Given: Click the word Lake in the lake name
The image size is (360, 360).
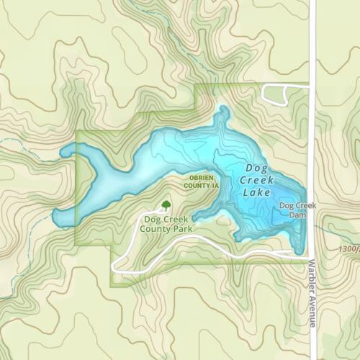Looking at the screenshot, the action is (x=257, y=193).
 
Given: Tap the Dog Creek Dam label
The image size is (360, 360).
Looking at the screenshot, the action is (x=293, y=210).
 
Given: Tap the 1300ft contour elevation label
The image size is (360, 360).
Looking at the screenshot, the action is (x=347, y=249).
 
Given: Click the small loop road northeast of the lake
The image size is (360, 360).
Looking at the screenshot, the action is (x=275, y=94).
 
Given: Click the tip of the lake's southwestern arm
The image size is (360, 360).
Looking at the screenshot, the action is (x=56, y=219).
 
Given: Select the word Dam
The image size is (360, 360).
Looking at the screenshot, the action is (x=293, y=214).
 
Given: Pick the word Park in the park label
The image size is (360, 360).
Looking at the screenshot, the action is (x=183, y=228).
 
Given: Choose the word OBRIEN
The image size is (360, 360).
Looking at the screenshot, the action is (x=196, y=178).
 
